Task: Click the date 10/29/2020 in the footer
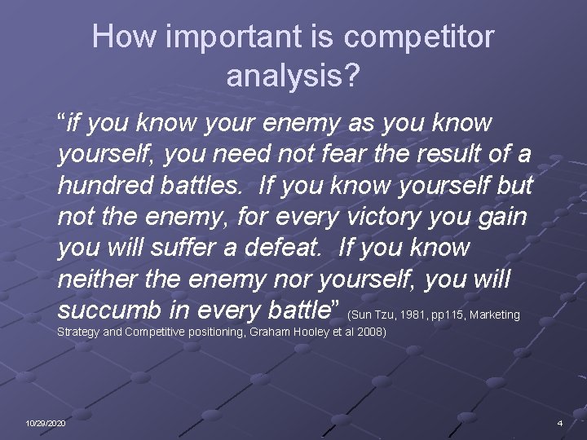click(x=46, y=424)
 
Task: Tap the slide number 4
click(x=559, y=424)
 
